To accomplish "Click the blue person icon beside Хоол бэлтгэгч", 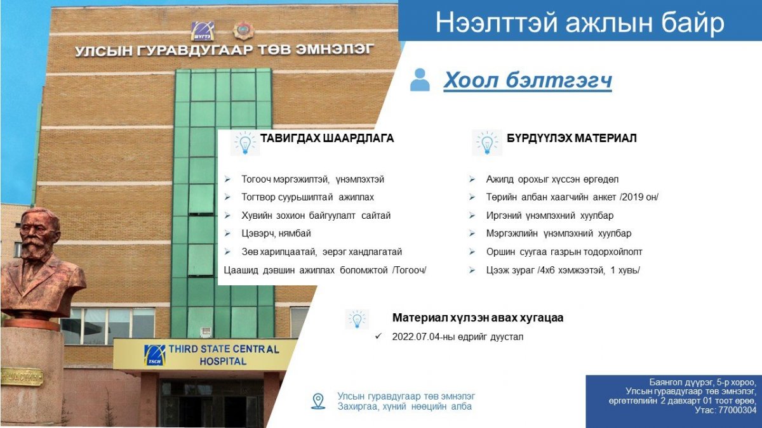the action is [x=420, y=80].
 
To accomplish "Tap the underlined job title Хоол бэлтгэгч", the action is [x=528, y=81].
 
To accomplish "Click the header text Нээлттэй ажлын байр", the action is [x=580, y=22].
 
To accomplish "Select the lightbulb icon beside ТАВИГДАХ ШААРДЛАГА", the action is [x=245, y=143].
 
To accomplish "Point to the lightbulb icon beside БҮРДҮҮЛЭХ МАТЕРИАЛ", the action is [x=487, y=143].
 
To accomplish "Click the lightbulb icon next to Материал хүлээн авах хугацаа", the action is [x=357, y=320].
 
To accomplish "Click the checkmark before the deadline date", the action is [x=378, y=337].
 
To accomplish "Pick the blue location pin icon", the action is [x=318, y=401].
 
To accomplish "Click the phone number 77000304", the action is [x=737, y=410].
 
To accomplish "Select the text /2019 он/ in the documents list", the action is [x=639, y=197].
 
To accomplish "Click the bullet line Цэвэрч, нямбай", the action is [x=276, y=234].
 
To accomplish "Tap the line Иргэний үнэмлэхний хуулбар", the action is [x=550, y=216].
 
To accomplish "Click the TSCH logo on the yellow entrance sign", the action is [x=155, y=355].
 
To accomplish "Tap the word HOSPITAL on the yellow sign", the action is [x=223, y=361].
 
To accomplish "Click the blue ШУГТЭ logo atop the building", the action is [x=203, y=31].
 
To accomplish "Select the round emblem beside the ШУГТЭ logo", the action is [x=244, y=31].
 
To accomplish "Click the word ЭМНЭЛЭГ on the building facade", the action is [x=335, y=49].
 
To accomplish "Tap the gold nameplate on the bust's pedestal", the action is [x=21, y=377].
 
